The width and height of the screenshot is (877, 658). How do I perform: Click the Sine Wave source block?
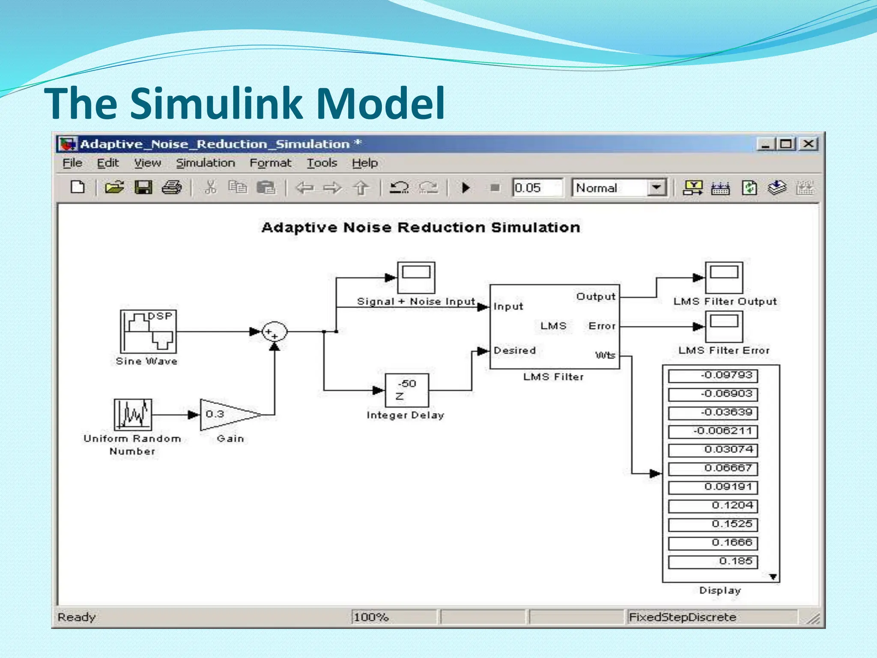point(148,331)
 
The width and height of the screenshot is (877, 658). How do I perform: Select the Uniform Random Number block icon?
point(133,414)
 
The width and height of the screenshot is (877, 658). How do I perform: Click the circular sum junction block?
point(274,332)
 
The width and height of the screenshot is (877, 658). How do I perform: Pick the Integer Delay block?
point(406,390)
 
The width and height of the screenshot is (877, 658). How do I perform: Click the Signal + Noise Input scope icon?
point(416,278)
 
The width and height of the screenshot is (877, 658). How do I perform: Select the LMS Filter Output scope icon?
point(724,278)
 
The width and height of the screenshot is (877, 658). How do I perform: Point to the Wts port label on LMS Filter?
point(605,355)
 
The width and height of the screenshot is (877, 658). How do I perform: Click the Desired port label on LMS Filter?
point(514,350)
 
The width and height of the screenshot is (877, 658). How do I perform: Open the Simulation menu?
point(206,163)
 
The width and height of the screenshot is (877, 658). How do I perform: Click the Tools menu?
point(322,163)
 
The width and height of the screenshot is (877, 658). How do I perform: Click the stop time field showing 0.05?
point(537,188)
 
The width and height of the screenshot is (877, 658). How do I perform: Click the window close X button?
point(808,144)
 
